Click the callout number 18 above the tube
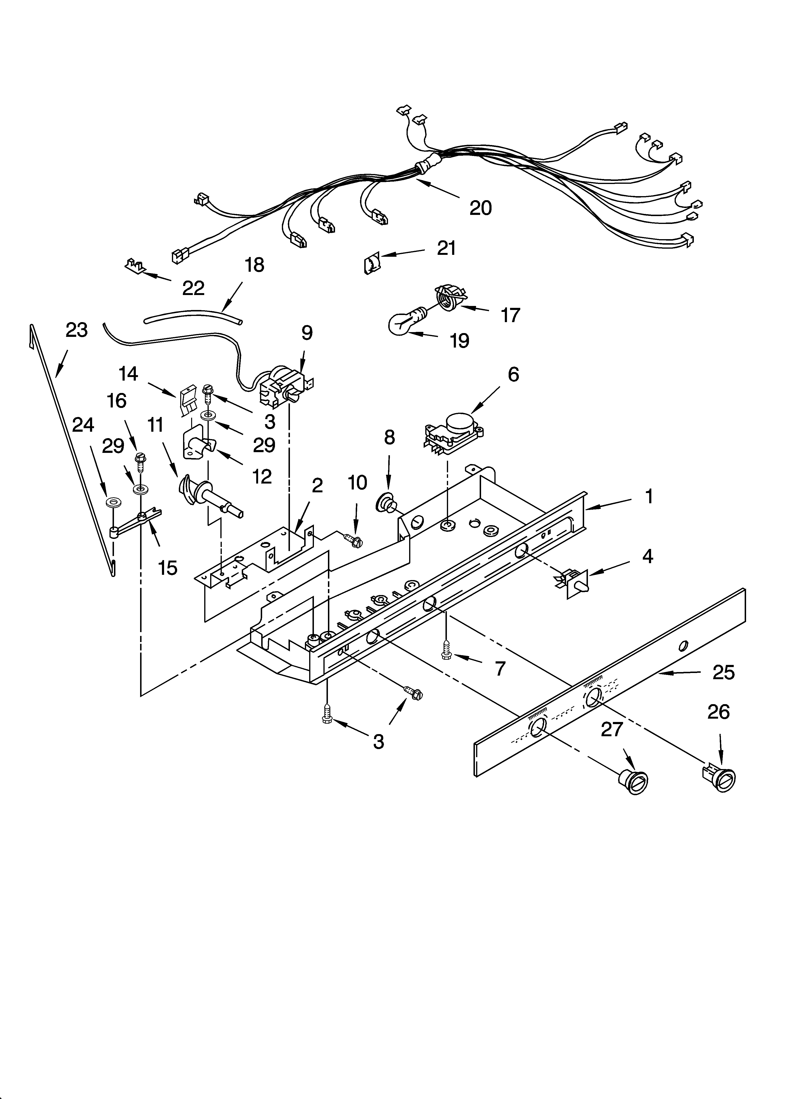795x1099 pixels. click(254, 265)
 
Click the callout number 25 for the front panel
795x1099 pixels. click(723, 673)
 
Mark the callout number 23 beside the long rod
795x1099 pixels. click(76, 330)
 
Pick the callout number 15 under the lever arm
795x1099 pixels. click(167, 568)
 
